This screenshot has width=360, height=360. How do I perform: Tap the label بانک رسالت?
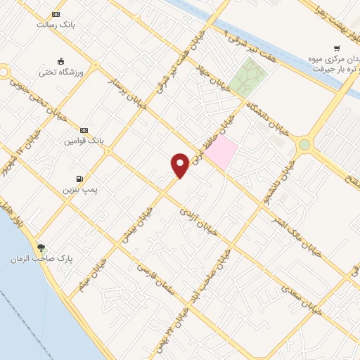(x=56, y=24)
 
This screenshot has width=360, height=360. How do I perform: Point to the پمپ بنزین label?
(x=78, y=189)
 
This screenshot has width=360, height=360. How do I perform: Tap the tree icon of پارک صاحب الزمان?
(x=41, y=247)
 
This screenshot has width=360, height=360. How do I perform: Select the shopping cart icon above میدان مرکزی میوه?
(x=337, y=49)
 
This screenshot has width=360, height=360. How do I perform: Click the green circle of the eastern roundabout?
(x=304, y=145)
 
